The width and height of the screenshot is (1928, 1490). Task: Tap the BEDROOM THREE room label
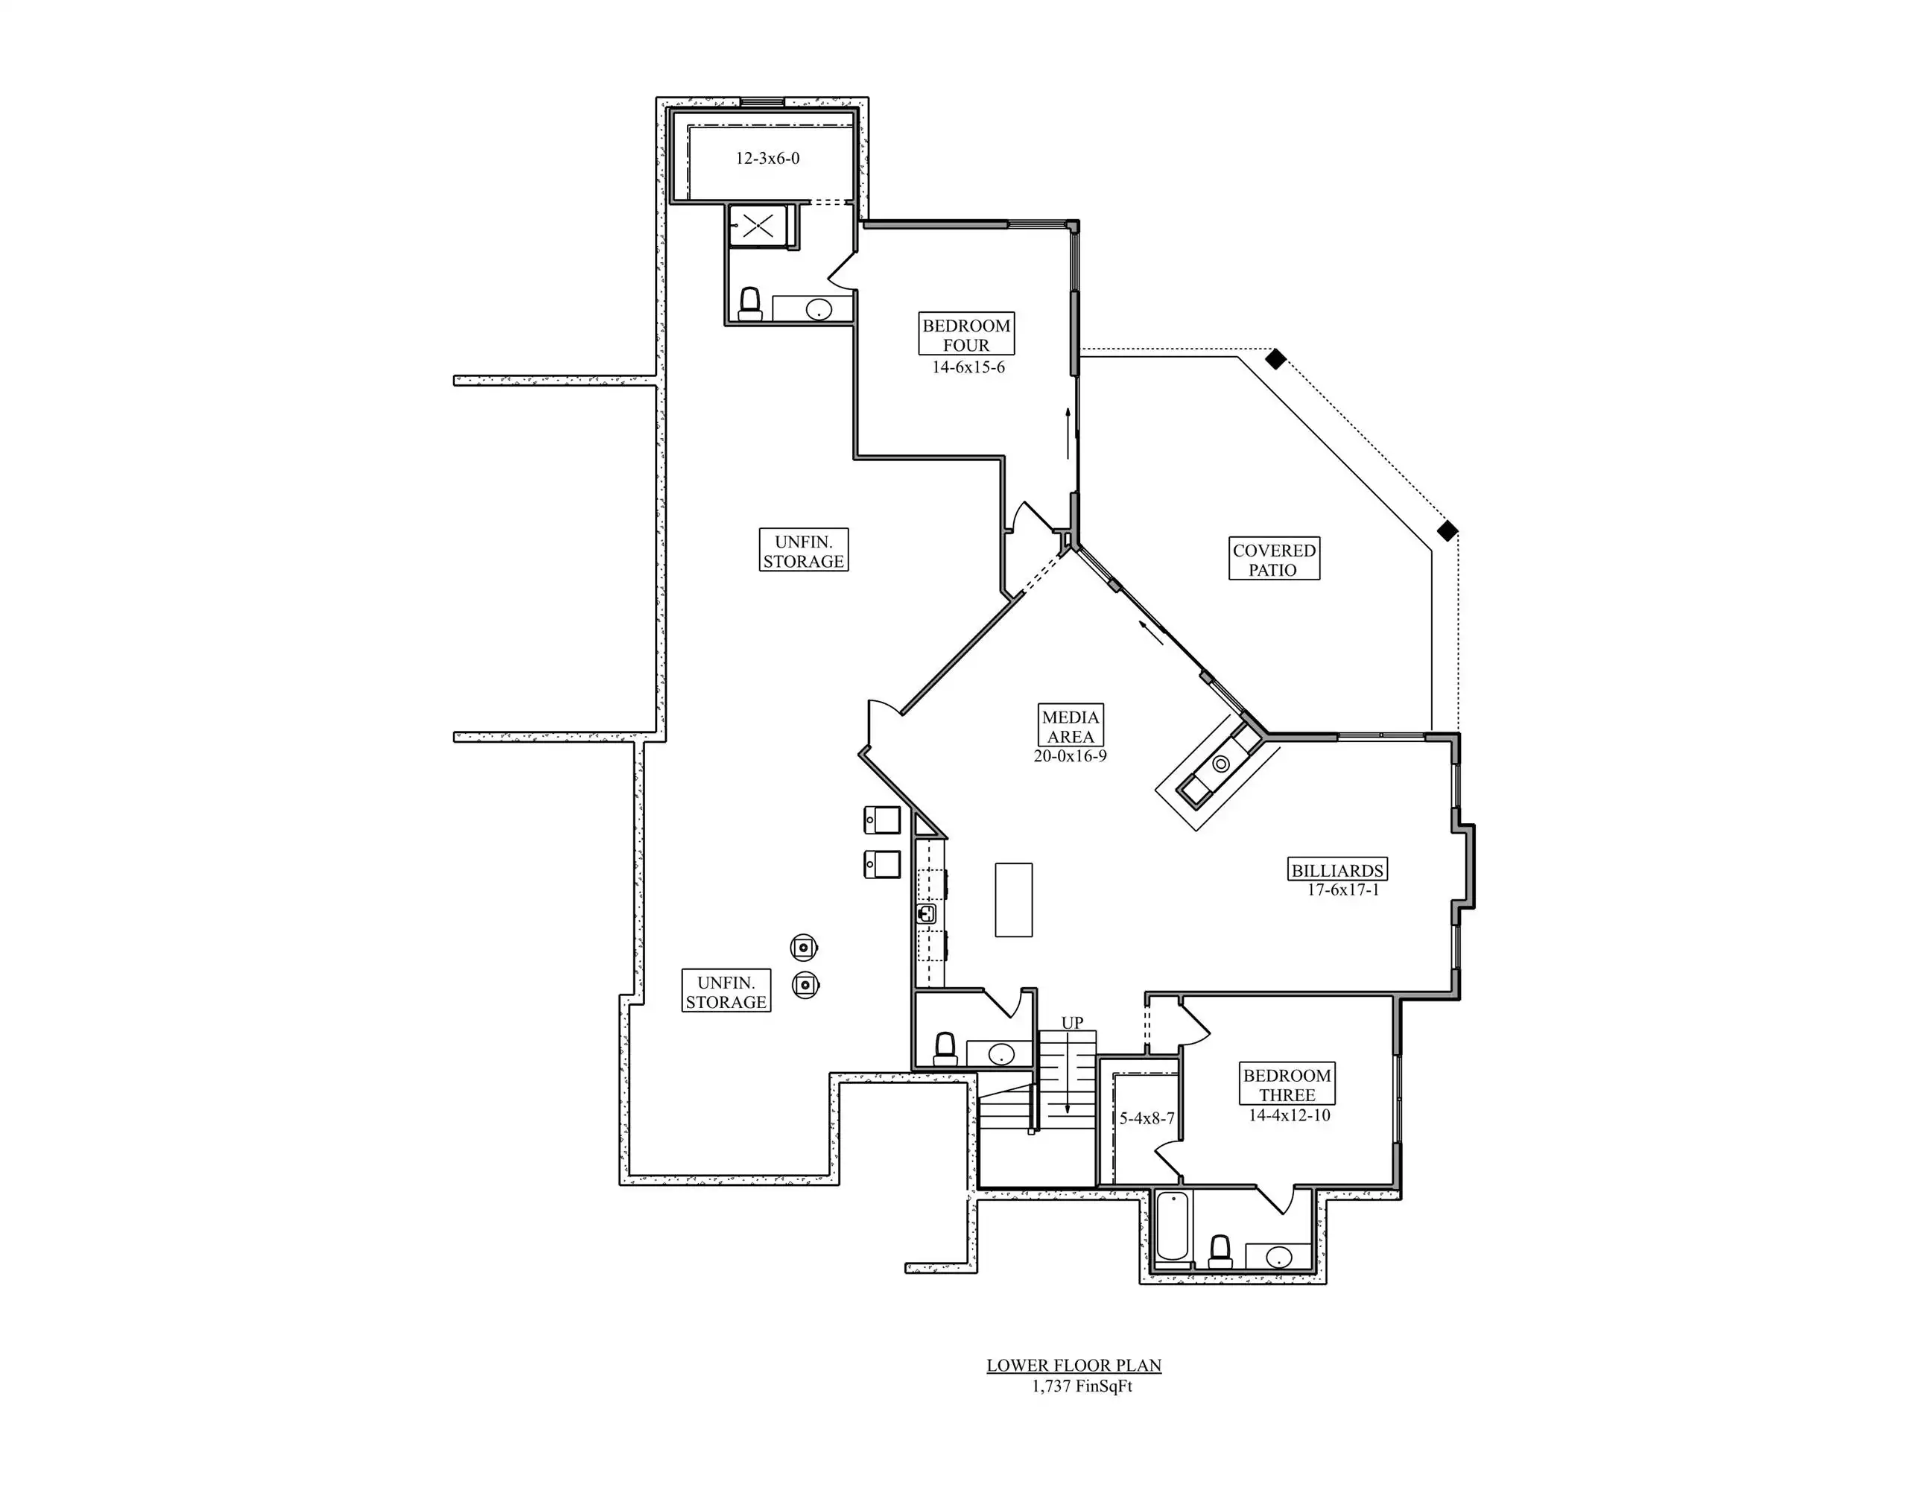point(1287,1084)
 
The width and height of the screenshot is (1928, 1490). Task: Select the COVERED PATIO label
point(1274,559)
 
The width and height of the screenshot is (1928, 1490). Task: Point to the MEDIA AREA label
point(1070,726)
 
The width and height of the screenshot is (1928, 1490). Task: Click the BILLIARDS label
point(1336,869)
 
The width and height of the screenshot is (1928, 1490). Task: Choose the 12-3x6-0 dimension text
point(767,159)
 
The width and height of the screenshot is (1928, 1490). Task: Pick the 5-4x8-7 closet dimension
point(1147,1118)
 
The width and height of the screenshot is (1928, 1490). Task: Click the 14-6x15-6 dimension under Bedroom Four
point(968,367)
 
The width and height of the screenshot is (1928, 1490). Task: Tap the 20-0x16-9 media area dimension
point(1070,755)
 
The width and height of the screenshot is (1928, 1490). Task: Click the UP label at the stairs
point(1072,1022)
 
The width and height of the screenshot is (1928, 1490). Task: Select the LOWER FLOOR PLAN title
point(1074,1366)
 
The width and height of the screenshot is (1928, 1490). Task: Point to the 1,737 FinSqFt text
point(1082,1386)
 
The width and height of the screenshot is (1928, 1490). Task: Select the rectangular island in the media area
point(1013,899)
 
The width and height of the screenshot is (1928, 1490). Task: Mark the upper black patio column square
point(1275,358)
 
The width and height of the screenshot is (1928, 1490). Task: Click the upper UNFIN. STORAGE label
point(803,551)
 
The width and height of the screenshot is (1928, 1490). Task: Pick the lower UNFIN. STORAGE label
point(726,992)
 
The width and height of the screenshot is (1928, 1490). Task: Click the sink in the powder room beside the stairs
point(1001,1053)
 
